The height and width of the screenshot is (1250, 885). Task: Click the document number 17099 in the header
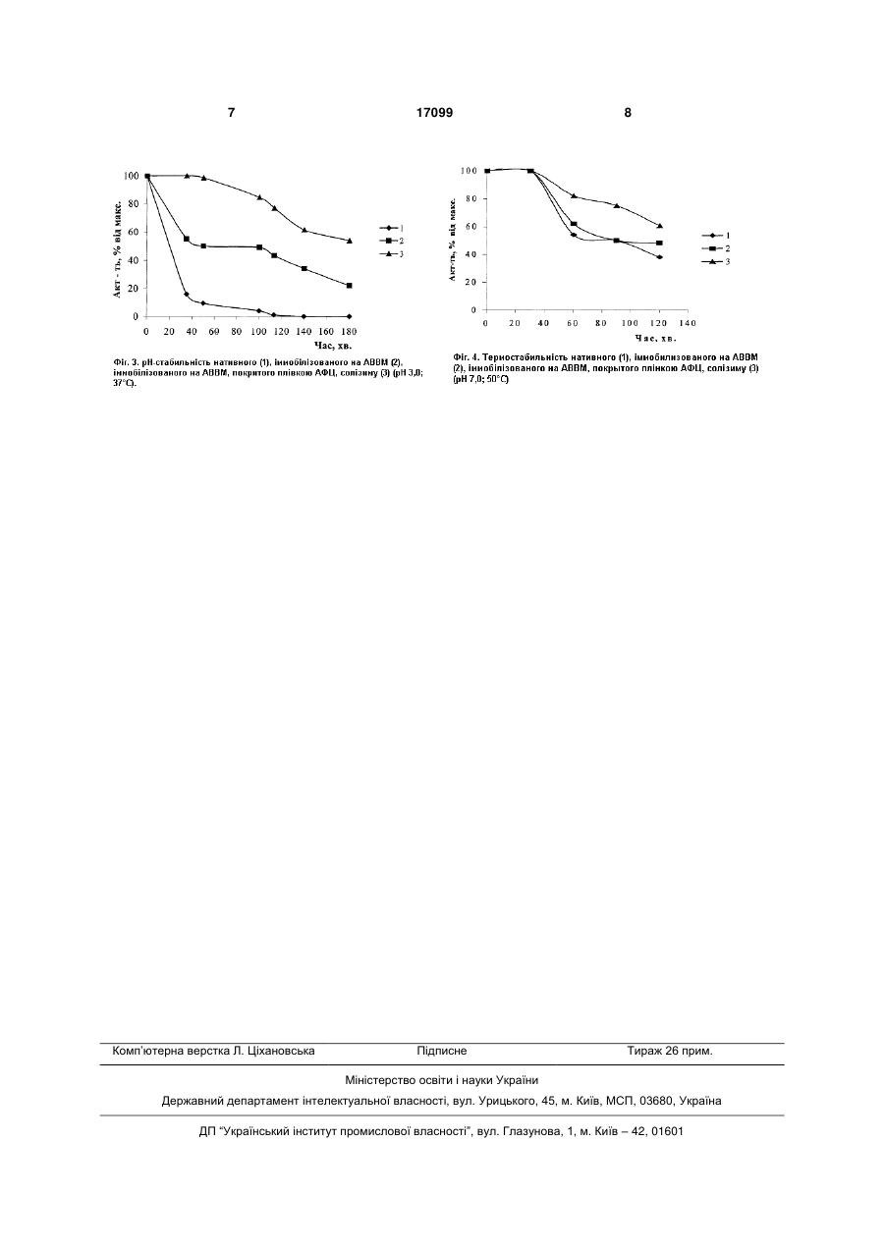pyautogui.click(x=434, y=113)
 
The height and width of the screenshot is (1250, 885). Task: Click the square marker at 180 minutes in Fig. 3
pyautogui.click(x=349, y=286)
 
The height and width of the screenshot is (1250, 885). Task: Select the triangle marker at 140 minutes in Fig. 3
pyautogui.click(x=304, y=230)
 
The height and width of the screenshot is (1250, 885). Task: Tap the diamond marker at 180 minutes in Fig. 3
pyautogui.click(x=349, y=316)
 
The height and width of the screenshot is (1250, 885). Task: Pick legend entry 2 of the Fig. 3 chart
pyautogui.click(x=391, y=241)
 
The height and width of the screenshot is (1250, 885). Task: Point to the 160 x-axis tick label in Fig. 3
pyautogui.click(x=327, y=332)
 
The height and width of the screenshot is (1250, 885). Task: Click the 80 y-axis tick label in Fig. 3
pyautogui.click(x=133, y=203)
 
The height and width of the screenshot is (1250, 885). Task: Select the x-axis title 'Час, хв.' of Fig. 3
pyautogui.click(x=333, y=346)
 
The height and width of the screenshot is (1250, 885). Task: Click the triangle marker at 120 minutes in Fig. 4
pyautogui.click(x=659, y=226)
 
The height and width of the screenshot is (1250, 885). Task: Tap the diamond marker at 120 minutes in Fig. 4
pyautogui.click(x=659, y=257)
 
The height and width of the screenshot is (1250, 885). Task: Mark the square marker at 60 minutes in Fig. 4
pyautogui.click(x=574, y=224)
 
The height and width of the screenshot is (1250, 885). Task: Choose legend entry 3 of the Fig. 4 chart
pyautogui.click(x=716, y=262)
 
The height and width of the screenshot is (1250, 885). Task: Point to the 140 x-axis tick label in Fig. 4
pyautogui.click(x=688, y=323)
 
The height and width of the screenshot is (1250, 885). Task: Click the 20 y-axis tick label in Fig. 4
pyautogui.click(x=471, y=283)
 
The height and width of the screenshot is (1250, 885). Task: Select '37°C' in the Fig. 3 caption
pyautogui.click(x=123, y=384)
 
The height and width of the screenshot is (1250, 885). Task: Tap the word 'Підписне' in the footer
pyautogui.click(x=442, y=1051)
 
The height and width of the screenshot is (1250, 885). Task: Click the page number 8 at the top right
pyautogui.click(x=628, y=113)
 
